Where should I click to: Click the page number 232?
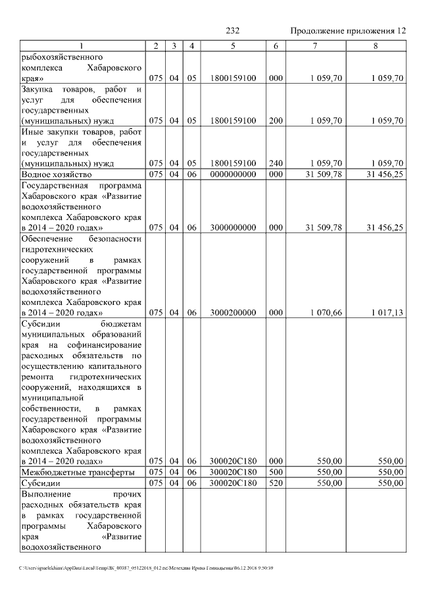pos(233,31)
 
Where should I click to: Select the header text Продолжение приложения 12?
pos(348,31)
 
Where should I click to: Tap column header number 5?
pos(233,45)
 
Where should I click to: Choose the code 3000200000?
pos(233,312)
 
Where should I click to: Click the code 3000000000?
pos(233,227)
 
